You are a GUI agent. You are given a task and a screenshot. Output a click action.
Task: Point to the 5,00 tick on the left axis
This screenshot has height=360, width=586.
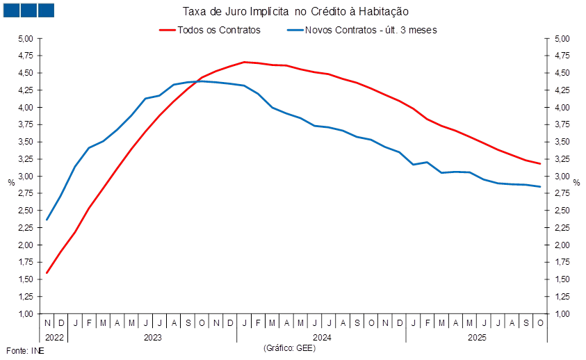pos(26,39)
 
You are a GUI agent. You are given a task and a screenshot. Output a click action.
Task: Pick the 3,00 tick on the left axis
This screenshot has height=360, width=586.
pos(26,177)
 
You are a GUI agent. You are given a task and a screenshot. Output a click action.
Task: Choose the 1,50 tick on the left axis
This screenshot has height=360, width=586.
pos(26,279)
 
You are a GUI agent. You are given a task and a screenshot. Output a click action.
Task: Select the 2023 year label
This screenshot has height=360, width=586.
pos(152,338)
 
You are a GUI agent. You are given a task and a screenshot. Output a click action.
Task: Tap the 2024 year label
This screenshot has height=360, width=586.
pos(321,338)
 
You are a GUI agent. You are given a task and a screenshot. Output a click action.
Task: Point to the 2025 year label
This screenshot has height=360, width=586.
pos(476,338)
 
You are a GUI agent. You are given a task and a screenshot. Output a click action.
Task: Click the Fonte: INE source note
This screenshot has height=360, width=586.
pos(25,351)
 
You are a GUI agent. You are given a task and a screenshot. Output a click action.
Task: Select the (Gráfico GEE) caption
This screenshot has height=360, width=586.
pos(289,347)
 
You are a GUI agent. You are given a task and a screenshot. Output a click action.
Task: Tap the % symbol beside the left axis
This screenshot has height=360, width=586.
pos(10,182)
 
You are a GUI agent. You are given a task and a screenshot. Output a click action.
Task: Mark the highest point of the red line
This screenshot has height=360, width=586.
pos(245,62)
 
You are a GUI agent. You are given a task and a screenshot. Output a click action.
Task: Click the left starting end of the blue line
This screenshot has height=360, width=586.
pos(47,220)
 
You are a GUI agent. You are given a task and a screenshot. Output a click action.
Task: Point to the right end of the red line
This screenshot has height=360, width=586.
pos(540,164)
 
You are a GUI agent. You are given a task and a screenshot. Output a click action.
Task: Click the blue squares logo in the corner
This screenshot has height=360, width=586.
pos(29,10)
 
